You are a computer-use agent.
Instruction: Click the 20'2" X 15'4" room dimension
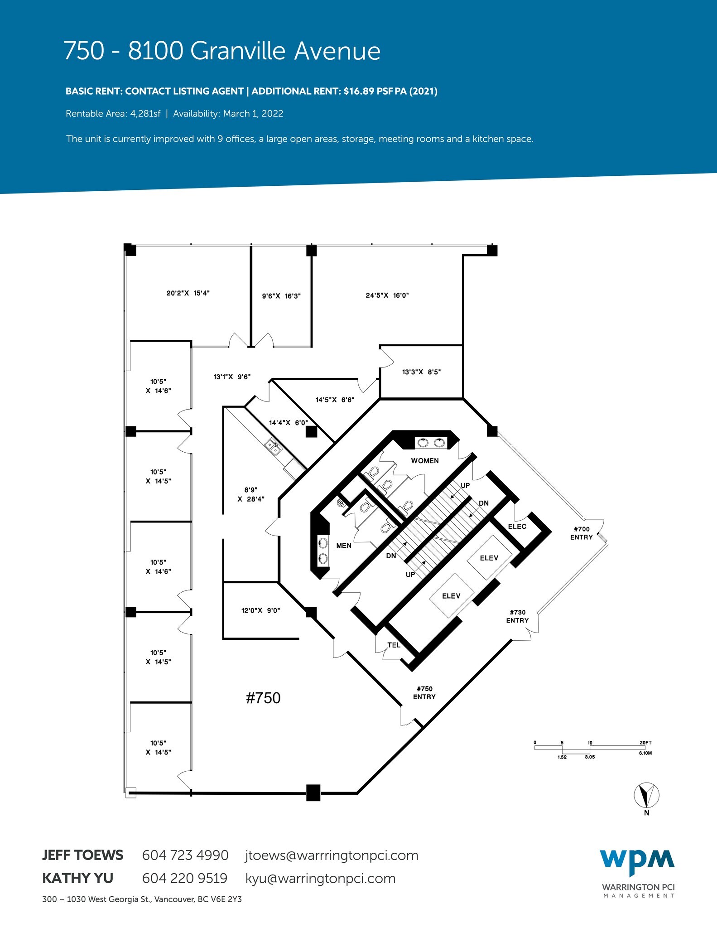(188, 293)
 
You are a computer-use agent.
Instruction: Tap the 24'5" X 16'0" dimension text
(387, 295)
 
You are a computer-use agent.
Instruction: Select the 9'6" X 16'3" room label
(281, 296)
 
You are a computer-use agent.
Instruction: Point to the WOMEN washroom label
(424, 461)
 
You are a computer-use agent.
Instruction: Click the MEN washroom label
(344, 546)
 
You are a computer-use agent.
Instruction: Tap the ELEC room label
(517, 527)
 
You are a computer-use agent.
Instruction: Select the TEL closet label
(394, 645)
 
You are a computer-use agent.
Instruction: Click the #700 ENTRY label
(582, 533)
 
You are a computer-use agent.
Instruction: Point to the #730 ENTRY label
(517, 616)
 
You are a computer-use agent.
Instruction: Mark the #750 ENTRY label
(424, 693)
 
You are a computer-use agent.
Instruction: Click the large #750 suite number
(263, 698)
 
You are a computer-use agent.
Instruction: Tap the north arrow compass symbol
(646, 795)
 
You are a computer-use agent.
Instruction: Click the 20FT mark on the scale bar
(645, 743)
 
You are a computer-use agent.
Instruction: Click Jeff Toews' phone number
(185, 855)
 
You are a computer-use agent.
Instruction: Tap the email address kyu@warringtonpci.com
(320, 879)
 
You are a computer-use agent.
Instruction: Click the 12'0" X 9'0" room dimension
(260, 611)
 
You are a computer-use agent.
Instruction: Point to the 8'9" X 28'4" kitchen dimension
(251, 494)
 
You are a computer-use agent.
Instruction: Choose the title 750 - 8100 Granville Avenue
(222, 51)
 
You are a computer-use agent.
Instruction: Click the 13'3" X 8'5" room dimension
(421, 372)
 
